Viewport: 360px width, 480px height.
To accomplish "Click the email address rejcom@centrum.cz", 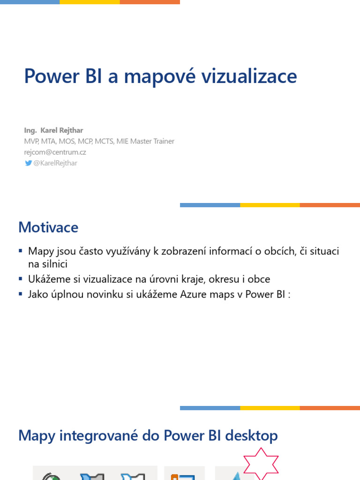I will pyautogui.click(x=55, y=152).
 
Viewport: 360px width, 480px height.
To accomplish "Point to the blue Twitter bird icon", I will pyautogui.click(x=28, y=163).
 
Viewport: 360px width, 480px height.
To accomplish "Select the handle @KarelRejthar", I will pyautogui.click(x=55, y=163).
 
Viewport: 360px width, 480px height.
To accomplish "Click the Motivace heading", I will pyautogui.click(x=48, y=227).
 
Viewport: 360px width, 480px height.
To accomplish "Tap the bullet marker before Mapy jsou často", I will pyautogui.click(x=21, y=251).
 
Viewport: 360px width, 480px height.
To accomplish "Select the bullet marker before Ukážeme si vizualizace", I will pyautogui.click(x=21, y=279).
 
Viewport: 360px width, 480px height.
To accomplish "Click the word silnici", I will pyautogui.click(x=54, y=264).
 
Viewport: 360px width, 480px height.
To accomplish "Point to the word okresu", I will pyautogui.click(x=217, y=279).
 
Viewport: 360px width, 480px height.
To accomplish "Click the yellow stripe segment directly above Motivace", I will pyautogui.click(x=270, y=205).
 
